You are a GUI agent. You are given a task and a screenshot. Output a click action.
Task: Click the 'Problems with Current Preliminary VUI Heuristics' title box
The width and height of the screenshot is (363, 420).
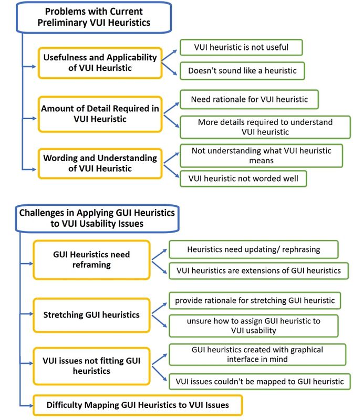(94, 17)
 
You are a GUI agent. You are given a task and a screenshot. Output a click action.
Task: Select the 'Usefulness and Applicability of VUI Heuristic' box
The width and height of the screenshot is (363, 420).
(100, 63)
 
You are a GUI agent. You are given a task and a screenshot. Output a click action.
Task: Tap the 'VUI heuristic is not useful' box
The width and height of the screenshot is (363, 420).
(241, 47)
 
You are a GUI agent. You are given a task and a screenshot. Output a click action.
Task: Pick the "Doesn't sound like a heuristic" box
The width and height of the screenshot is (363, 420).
(242, 71)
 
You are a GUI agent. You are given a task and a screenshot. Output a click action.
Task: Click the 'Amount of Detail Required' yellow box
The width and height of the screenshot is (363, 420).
(100, 114)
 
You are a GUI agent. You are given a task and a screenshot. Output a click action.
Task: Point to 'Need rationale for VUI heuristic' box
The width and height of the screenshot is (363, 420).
(250, 99)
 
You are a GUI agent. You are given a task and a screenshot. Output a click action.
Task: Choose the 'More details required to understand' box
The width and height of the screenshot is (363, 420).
(265, 127)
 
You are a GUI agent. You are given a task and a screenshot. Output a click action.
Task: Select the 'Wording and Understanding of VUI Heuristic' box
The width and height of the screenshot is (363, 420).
(100, 163)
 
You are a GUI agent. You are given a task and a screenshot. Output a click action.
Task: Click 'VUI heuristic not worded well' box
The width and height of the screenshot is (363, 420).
(243, 178)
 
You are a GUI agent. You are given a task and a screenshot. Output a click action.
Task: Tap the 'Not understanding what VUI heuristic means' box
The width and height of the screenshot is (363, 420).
(262, 155)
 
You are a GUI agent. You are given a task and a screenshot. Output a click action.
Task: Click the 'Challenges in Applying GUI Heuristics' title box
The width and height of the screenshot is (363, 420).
(97, 218)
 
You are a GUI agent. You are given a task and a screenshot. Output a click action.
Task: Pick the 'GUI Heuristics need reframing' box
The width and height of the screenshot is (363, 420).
(91, 260)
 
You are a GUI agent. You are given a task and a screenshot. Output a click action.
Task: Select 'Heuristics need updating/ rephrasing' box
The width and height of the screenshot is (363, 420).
(254, 249)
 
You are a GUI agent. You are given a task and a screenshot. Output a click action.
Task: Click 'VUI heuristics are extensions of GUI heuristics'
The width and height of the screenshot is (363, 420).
(258, 271)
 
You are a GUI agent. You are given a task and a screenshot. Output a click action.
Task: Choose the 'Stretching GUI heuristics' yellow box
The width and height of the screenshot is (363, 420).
(91, 315)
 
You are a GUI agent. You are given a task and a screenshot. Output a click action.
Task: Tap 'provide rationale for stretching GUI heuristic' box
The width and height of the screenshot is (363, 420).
(255, 300)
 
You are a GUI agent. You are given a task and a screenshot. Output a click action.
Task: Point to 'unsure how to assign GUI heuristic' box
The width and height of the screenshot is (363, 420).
(254, 325)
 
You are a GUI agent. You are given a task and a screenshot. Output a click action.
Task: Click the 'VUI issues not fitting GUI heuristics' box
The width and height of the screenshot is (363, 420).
(91, 366)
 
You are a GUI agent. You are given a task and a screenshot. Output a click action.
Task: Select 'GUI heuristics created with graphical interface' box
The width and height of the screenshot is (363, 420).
(257, 354)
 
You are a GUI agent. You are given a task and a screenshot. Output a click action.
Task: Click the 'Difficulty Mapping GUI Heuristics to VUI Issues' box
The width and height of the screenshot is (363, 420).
(138, 405)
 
